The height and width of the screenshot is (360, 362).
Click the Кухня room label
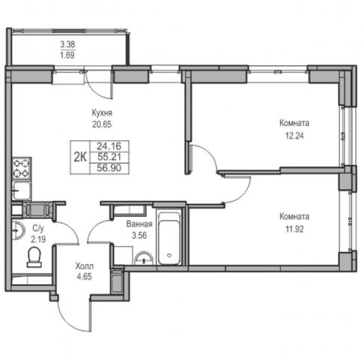[102, 113]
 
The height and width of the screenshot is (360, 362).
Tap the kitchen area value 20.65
[102, 124]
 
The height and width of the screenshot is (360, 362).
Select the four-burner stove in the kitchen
[22, 168]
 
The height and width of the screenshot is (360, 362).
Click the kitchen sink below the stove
[22, 190]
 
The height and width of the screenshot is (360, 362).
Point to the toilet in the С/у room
[34, 256]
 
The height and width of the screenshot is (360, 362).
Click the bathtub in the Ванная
[169, 238]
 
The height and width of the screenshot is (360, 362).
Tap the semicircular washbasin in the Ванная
[144, 259]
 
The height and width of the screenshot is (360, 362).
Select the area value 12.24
[295, 136]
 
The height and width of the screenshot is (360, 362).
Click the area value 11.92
[295, 229]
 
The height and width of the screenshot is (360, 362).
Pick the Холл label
[85, 266]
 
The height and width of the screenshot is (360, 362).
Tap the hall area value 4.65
[84, 277]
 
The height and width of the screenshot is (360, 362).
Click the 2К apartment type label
[80, 157]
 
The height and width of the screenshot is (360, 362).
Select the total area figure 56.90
[109, 168]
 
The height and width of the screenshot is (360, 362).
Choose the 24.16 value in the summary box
[109, 145]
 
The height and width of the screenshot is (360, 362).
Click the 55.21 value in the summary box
[109, 157]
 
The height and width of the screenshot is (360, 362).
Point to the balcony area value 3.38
[67, 44]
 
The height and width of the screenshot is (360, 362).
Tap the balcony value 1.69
[67, 55]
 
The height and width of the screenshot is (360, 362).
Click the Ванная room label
[139, 224]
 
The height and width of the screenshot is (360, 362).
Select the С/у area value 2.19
[38, 239]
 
